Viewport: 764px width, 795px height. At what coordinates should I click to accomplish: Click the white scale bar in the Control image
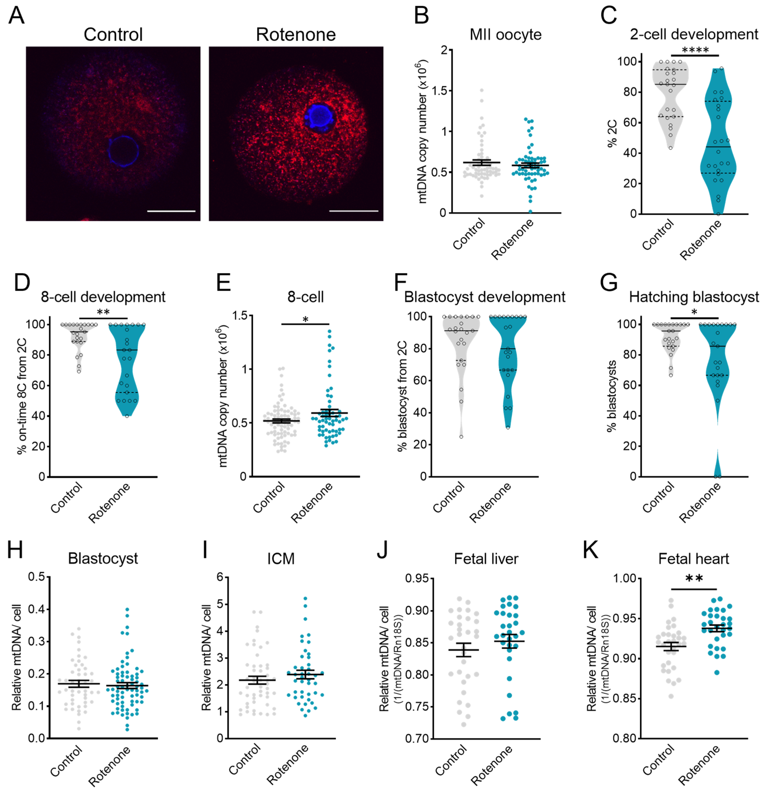171,211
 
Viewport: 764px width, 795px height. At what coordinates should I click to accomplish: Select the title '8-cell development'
103,297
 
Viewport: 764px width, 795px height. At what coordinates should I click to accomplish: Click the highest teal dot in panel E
330,331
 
